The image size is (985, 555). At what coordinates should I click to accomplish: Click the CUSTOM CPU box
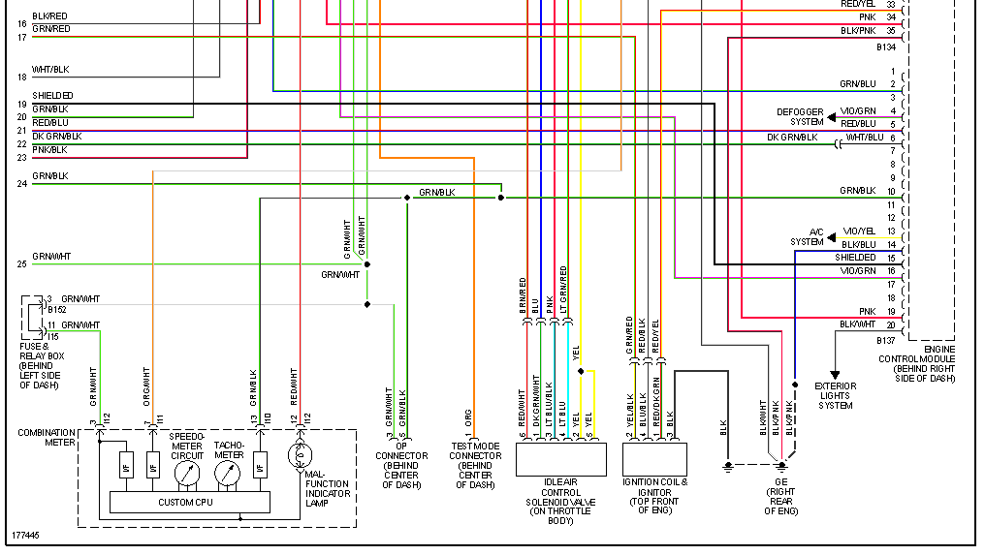[x=185, y=502]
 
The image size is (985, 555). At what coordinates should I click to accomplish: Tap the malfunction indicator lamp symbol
[x=301, y=453]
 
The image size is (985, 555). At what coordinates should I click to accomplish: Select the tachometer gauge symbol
[x=229, y=473]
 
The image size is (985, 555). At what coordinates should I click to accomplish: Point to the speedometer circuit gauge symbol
[x=186, y=473]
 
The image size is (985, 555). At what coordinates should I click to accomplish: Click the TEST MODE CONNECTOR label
[x=475, y=466]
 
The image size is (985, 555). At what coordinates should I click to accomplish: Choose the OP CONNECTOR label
[x=401, y=466]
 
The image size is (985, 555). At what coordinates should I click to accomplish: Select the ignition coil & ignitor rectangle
[x=655, y=458]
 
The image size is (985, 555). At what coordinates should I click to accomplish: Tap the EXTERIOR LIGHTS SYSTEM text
[x=835, y=395]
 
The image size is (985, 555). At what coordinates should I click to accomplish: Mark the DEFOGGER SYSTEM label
[x=800, y=117]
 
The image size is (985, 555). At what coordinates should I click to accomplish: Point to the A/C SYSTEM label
[x=807, y=236]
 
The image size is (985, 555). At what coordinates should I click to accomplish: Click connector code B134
[x=885, y=46]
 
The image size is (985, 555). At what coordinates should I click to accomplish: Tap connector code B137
[x=885, y=340]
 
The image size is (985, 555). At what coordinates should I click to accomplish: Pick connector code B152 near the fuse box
[x=56, y=311]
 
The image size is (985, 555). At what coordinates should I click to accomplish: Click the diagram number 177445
[x=26, y=535]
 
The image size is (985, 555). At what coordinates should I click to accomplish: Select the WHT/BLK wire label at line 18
[x=50, y=70]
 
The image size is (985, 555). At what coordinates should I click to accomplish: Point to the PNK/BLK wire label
[x=49, y=149]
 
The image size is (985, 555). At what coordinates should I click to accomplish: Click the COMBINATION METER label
[x=47, y=438]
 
